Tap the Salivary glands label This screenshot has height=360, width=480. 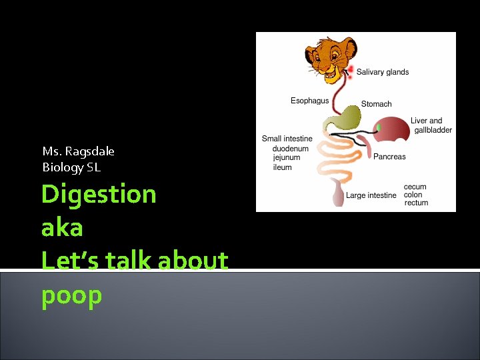(x=383, y=72)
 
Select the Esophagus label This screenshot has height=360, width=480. (x=309, y=101)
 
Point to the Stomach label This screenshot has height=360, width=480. (x=376, y=104)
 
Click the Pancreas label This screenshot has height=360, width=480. (x=389, y=157)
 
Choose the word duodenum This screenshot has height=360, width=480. (x=291, y=149)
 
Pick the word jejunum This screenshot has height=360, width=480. (x=287, y=158)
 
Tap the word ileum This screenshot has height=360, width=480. (x=282, y=167)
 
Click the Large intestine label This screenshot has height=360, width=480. (x=371, y=195)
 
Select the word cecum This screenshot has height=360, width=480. (x=415, y=187)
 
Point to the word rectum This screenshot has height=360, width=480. (x=416, y=203)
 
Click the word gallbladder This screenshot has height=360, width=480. (x=433, y=130)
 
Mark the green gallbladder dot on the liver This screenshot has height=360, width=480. (x=379, y=127)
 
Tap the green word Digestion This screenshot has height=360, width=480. (x=99, y=195)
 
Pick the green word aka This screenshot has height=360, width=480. (x=62, y=228)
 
